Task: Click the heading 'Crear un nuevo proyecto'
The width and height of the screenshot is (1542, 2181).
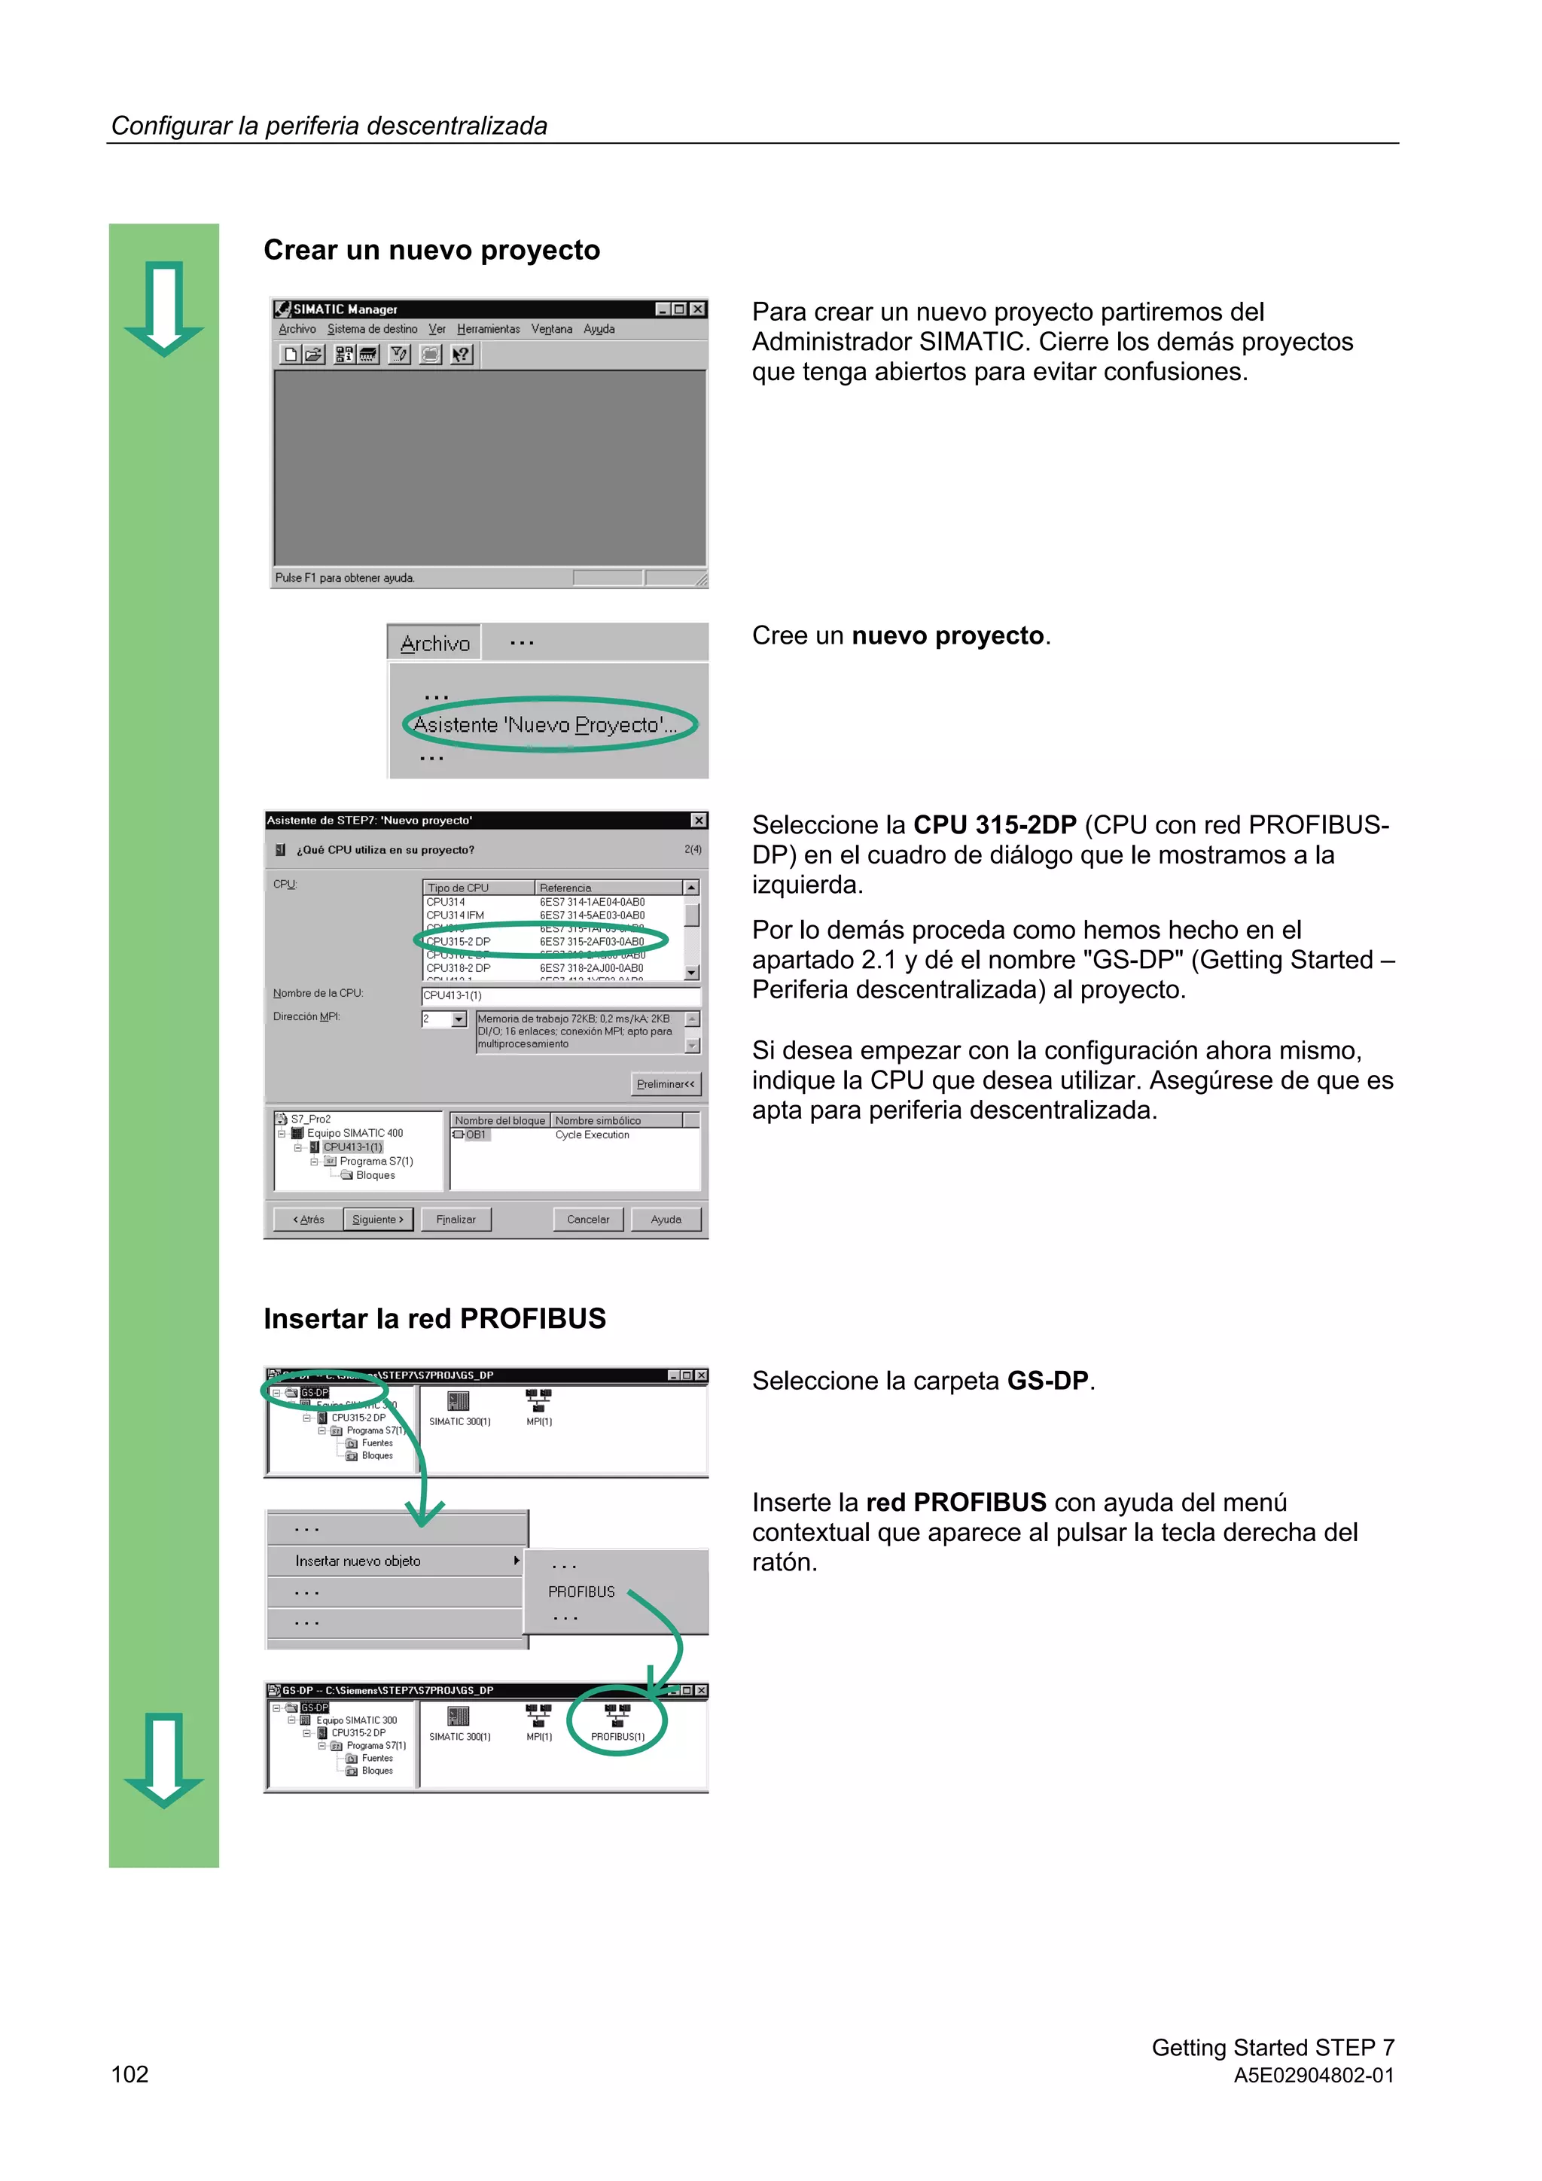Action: point(431,250)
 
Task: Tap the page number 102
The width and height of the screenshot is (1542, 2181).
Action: point(130,2075)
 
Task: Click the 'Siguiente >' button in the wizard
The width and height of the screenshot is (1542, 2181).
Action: point(377,1220)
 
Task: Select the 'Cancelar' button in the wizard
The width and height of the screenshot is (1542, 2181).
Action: point(587,1220)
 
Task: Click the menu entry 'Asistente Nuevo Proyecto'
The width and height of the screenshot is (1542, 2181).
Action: point(544,725)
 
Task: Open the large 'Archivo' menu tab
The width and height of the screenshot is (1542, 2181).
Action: point(435,643)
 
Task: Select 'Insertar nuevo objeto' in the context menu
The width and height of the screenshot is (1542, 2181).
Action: point(358,1561)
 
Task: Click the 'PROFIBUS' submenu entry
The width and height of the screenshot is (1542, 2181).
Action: point(581,1592)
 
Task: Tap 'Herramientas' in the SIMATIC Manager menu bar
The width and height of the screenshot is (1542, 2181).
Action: point(489,330)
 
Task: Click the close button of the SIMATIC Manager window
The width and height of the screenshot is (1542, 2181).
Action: point(698,309)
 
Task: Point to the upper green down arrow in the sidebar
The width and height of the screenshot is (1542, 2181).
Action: point(164,308)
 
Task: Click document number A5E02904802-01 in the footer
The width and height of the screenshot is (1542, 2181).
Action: point(1313,2076)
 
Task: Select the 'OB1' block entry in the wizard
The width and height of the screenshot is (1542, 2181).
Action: point(473,1135)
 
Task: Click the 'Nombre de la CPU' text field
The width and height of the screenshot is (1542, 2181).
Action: point(560,995)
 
